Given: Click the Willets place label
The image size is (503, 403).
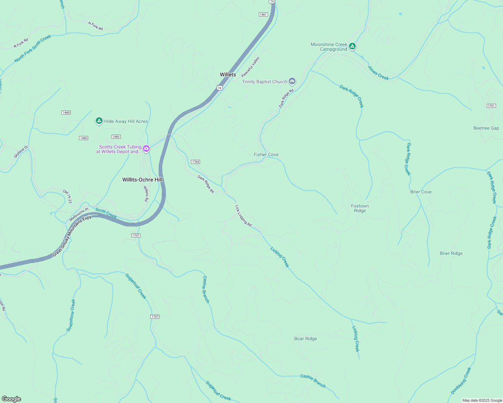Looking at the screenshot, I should [228, 75].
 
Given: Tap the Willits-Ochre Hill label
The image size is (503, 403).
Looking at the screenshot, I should [142, 180].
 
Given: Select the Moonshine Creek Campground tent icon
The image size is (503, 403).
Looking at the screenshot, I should [352, 46].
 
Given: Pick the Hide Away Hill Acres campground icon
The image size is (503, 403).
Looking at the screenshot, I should [99, 121].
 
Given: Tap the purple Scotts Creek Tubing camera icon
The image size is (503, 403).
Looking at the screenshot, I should [146, 148].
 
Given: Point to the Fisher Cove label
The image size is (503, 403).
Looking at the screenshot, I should [266, 154].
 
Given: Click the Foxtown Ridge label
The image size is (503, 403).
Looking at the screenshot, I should [360, 208].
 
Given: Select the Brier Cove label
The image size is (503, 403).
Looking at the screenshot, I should [421, 192].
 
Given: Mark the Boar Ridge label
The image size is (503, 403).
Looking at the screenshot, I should [305, 339].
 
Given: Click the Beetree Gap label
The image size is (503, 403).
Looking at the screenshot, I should [486, 128].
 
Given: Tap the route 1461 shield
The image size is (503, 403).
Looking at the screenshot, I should [263, 14].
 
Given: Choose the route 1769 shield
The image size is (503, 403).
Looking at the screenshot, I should [195, 162].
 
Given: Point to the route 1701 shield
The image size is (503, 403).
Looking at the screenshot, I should [491, 106].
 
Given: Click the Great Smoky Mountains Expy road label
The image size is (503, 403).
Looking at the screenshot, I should [72, 236].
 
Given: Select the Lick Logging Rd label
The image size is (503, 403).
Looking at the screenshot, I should [243, 216].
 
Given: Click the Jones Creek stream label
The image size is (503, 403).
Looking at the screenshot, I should [378, 73].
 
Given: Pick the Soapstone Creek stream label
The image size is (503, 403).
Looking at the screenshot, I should [71, 315].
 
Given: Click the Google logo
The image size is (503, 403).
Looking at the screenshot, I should [11, 399].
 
